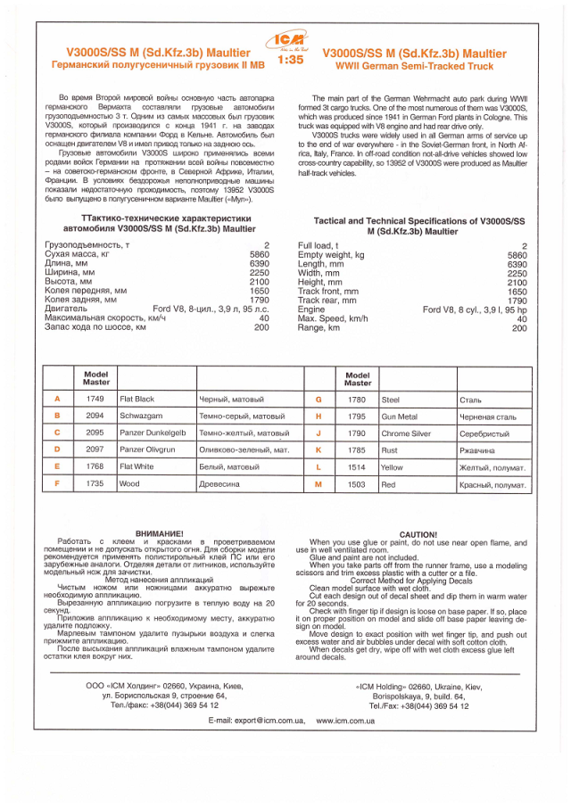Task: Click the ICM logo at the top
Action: coord(290,41)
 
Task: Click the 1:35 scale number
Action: coord(290,61)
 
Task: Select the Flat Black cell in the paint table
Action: coord(137,400)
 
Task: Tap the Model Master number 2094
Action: coord(95,416)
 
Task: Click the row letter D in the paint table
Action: coord(57,450)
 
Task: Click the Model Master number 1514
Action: coord(357,467)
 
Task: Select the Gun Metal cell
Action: coord(399,416)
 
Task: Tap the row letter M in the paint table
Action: coord(319,484)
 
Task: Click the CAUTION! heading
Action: coord(418,534)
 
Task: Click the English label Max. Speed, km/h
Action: coord(332,318)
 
